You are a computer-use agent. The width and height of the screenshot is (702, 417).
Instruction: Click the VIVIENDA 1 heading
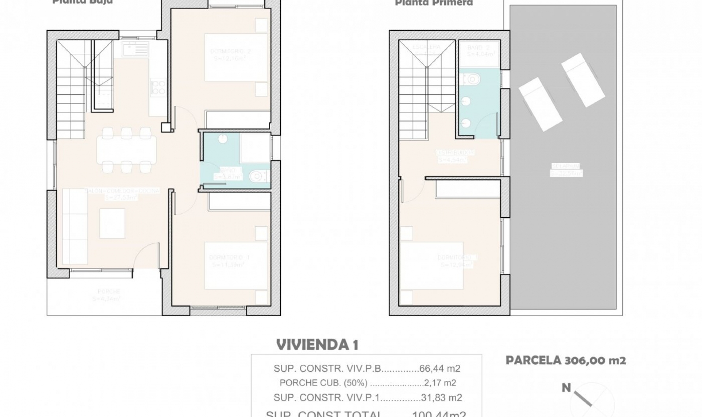(x=317, y=345)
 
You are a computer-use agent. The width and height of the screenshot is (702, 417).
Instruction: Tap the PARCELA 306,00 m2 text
(x=566, y=360)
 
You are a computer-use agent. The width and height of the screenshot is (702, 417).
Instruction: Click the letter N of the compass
(x=566, y=388)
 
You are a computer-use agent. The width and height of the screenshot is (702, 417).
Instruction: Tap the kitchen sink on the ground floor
(x=136, y=49)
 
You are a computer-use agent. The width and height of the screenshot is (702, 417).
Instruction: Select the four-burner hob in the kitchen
(x=159, y=87)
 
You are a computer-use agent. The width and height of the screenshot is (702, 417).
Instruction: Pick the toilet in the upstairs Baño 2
(x=472, y=78)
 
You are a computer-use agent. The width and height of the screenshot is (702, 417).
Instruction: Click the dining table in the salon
(x=127, y=150)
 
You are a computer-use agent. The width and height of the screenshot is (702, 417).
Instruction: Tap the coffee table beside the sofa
(x=112, y=223)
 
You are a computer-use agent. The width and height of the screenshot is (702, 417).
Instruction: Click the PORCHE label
(x=109, y=292)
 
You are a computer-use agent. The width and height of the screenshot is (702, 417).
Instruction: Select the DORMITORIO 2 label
(x=230, y=51)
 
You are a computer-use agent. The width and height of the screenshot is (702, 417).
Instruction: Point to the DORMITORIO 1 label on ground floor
(x=229, y=258)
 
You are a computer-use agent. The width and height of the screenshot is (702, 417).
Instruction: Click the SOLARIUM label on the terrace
(x=566, y=166)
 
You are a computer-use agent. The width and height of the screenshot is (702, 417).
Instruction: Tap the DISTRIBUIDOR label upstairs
(x=455, y=152)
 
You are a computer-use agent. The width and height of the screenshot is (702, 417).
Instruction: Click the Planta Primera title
(x=434, y=3)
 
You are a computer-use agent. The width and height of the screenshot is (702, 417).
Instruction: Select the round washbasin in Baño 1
(x=223, y=139)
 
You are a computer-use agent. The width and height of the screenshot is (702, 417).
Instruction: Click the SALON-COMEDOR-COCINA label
(x=122, y=191)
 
